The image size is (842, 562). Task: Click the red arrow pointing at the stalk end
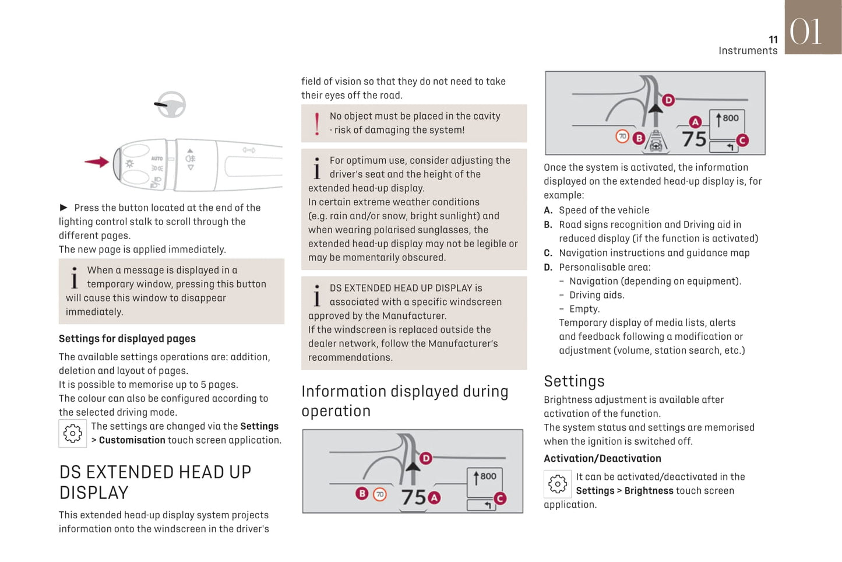click(x=97, y=162)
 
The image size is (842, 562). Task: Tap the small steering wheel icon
click(x=171, y=105)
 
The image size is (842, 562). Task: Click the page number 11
click(x=773, y=40)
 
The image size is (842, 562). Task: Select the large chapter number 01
click(x=806, y=31)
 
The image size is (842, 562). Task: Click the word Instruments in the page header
click(x=748, y=51)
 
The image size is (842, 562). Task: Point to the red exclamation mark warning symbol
click(x=316, y=124)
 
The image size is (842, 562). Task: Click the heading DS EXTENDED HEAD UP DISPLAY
click(x=155, y=482)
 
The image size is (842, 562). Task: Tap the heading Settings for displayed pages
click(x=127, y=339)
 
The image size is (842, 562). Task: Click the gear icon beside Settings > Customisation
click(x=73, y=434)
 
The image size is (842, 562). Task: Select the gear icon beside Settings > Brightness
click(x=558, y=484)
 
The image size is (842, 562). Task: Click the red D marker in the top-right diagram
click(x=668, y=100)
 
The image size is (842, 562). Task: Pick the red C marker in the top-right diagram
click(x=742, y=140)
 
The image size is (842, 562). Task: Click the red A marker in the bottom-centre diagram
click(x=434, y=498)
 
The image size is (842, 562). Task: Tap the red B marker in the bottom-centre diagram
click(x=362, y=494)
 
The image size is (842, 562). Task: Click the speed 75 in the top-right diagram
click(x=694, y=139)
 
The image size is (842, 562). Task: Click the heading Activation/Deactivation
click(x=602, y=459)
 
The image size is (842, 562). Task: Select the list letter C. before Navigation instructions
click(x=548, y=253)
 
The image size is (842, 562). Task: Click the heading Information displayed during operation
click(x=404, y=401)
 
